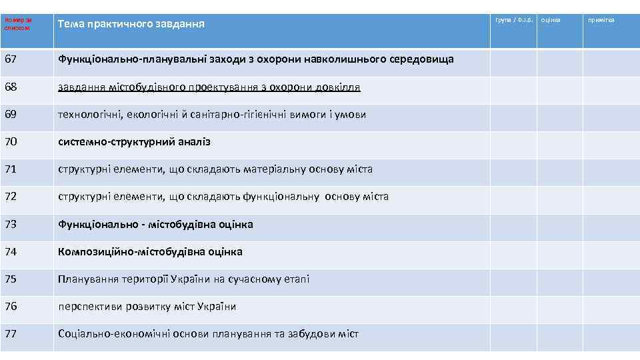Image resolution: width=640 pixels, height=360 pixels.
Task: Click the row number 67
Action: pos(10,59)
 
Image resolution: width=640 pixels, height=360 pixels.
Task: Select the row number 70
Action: pos(10,142)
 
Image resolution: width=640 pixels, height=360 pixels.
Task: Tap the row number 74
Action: pos(10,252)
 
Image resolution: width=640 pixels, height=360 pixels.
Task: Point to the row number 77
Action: pos(10,334)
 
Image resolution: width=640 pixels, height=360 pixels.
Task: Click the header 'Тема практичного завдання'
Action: pos(131,24)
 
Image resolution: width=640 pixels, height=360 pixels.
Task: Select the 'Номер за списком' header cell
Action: pos(18,24)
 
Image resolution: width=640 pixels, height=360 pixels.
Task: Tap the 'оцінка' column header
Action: pos(551,20)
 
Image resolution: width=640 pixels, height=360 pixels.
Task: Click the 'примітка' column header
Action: pos(601,20)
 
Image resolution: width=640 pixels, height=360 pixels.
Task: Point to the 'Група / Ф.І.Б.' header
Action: pos(513,20)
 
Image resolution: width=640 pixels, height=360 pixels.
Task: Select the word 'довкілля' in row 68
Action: pos(337,87)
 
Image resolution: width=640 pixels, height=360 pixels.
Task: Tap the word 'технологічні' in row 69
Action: pos(88,115)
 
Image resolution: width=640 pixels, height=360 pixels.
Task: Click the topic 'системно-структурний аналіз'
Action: pos(134,142)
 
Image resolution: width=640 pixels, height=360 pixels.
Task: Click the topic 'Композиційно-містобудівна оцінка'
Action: pos(150,252)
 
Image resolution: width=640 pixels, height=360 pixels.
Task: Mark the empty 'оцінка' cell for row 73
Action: pos(560,225)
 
